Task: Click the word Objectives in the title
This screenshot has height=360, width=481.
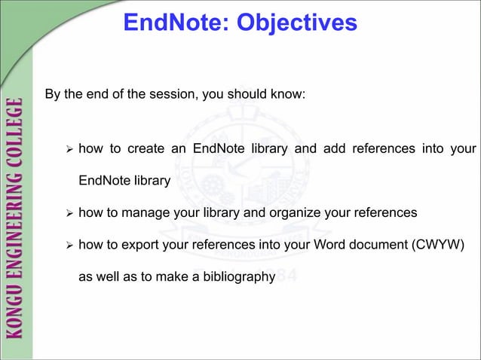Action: tap(296, 23)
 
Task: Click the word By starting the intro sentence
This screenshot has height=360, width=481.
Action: tap(53, 96)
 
